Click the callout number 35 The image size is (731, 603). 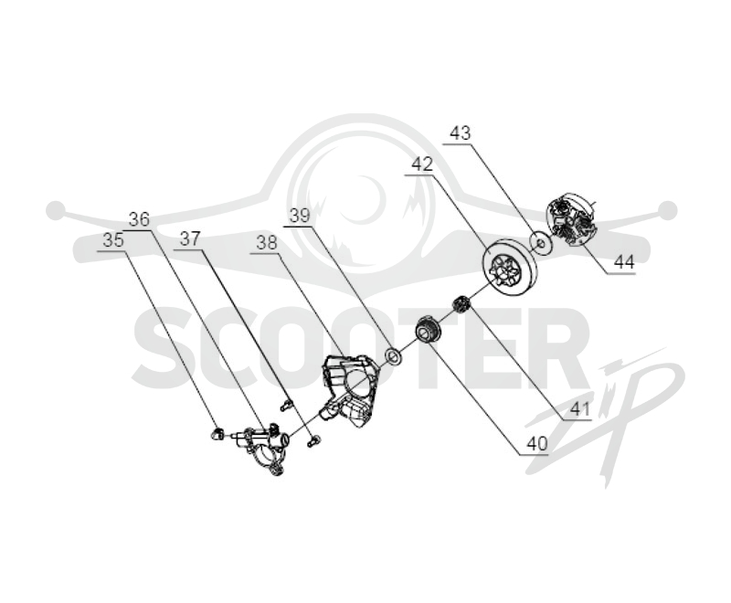coord(113,240)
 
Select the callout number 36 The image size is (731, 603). coord(140,218)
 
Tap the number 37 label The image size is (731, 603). coord(190,239)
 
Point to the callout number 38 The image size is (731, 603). coord(267,243)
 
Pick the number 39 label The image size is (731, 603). coord(300,216)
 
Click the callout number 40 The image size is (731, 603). coord(536,444)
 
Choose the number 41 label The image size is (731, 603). coord(580,409)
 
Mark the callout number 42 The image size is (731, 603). coord(422,164)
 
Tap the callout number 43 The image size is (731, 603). coord(461,133)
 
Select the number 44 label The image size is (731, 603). coord(624,263)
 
